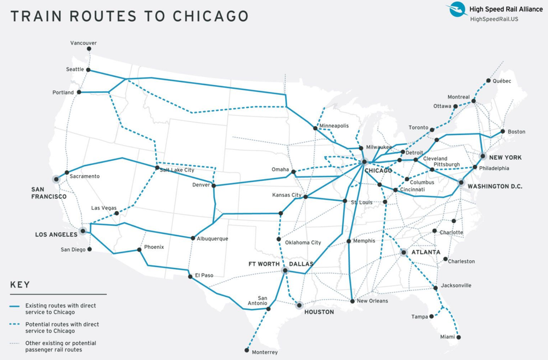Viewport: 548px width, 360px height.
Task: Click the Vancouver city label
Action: [83, 43]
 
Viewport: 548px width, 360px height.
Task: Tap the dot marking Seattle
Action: [88, 70]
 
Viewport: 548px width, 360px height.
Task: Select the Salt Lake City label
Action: [177, 170]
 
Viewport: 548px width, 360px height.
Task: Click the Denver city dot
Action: [213, 185]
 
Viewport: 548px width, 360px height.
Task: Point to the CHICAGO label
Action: [377, 171]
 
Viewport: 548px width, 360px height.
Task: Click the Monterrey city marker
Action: [247, 350]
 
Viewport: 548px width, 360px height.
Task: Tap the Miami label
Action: [448, 337]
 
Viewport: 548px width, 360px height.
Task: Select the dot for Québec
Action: [488, 80]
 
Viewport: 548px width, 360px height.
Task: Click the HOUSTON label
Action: [319, 312]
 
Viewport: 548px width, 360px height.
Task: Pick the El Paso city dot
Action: [190, 277]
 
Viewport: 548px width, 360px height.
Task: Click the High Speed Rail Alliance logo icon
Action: [456, 10]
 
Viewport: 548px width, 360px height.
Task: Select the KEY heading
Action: [20, 285]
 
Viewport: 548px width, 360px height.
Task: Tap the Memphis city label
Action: [364, 241]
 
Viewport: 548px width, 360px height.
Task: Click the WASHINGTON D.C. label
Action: [495, 187]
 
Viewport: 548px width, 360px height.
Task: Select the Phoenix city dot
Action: [139, 250]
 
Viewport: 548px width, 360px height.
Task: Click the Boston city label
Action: [516, 132]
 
